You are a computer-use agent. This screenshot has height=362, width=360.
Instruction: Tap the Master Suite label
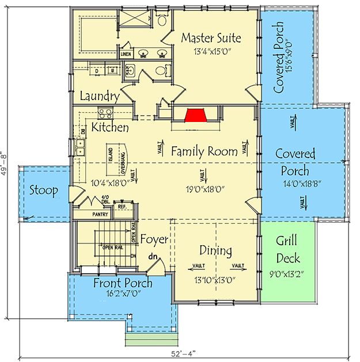(211, 38)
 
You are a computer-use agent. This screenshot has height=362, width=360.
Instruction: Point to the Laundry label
(100, 97)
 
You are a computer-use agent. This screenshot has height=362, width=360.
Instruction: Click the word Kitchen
(110, 127)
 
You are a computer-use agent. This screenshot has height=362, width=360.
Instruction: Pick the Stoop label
(43, 190)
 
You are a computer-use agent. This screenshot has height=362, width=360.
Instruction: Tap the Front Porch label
(123, 283)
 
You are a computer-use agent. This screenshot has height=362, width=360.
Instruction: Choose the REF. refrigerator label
(122, 205)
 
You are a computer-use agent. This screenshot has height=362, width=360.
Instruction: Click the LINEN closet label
(126, 54)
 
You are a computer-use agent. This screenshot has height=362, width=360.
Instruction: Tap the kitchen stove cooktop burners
(105, 113)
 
